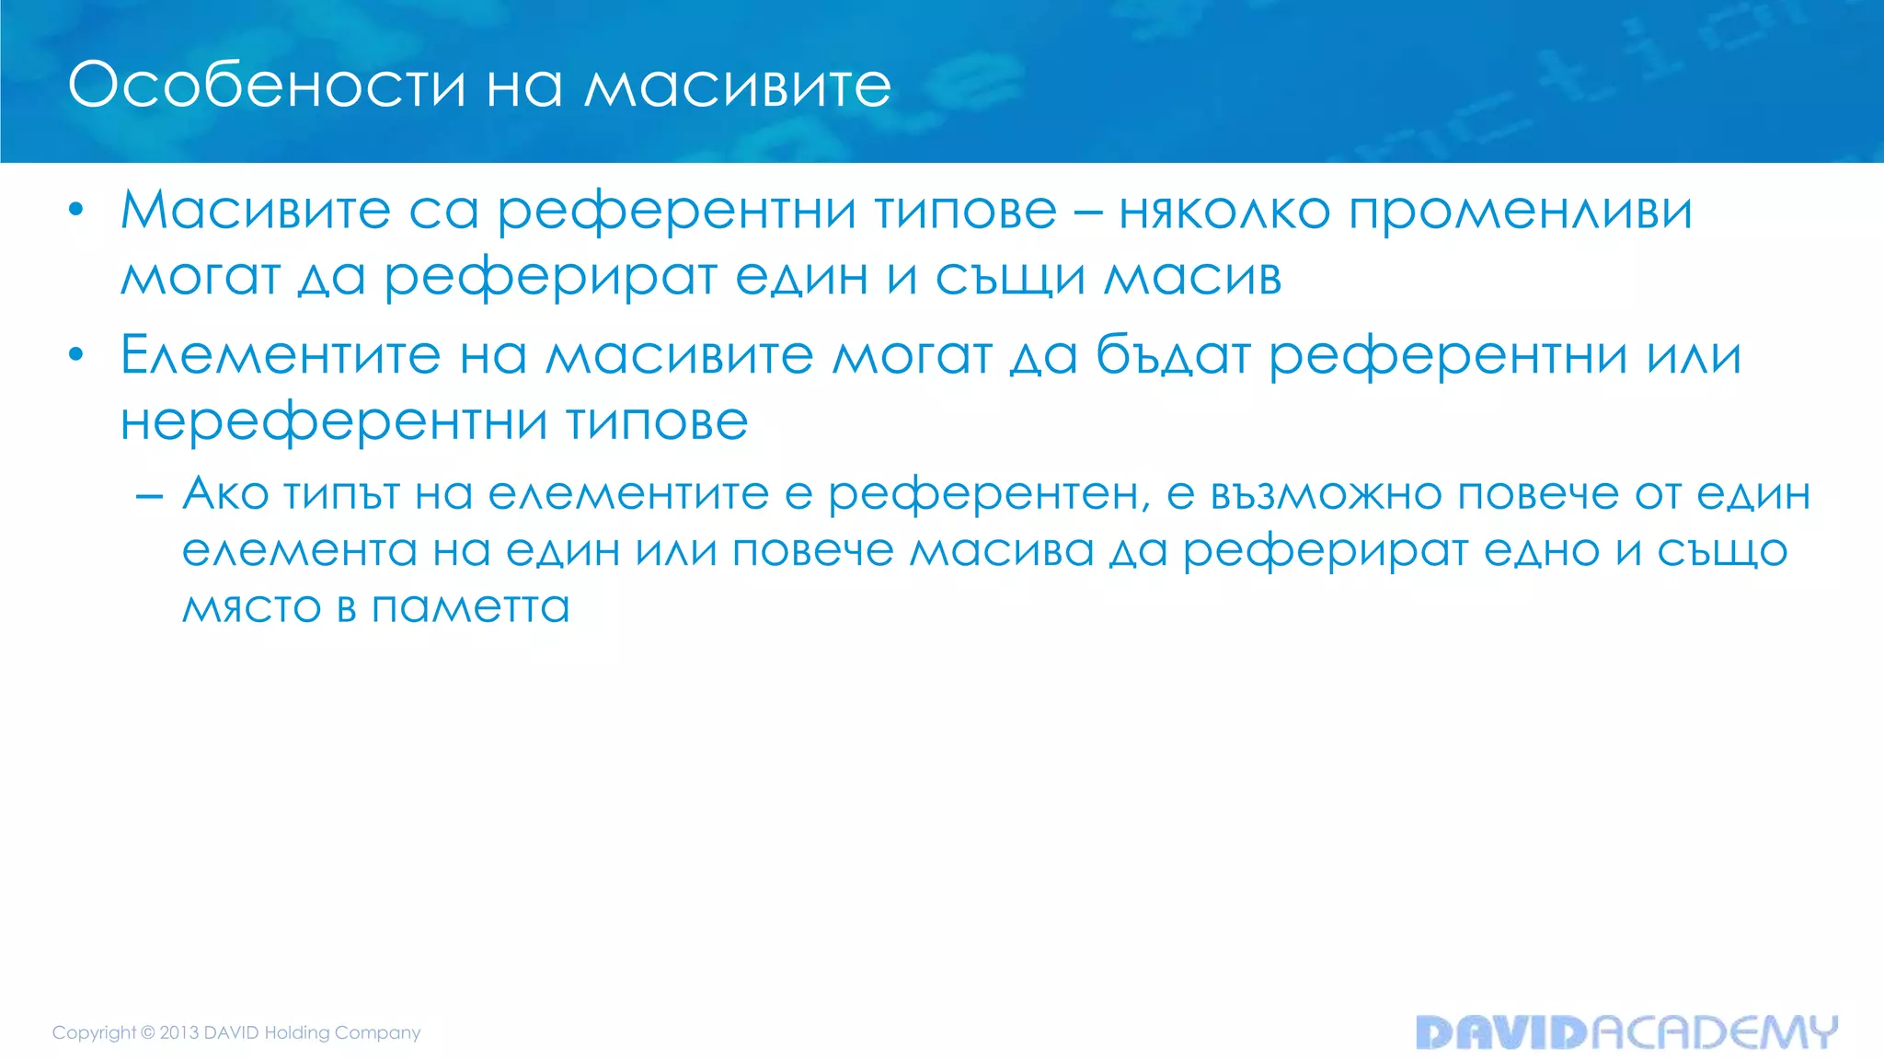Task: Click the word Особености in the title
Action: click(267, 86)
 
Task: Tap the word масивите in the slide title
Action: click(738, 86)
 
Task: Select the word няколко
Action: click(1224, 211)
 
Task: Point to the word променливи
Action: click(1521, 211)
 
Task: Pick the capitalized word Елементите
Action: click(281, 355)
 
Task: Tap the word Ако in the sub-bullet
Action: click(225, 494)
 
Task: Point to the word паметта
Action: click(471, 607)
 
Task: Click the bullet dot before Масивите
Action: click(76, 211)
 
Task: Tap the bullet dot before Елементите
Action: click(76, 355)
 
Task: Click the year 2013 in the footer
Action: click(179, 1032)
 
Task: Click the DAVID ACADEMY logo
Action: click(1626, 1032)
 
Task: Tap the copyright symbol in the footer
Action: click(147, 1032)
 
